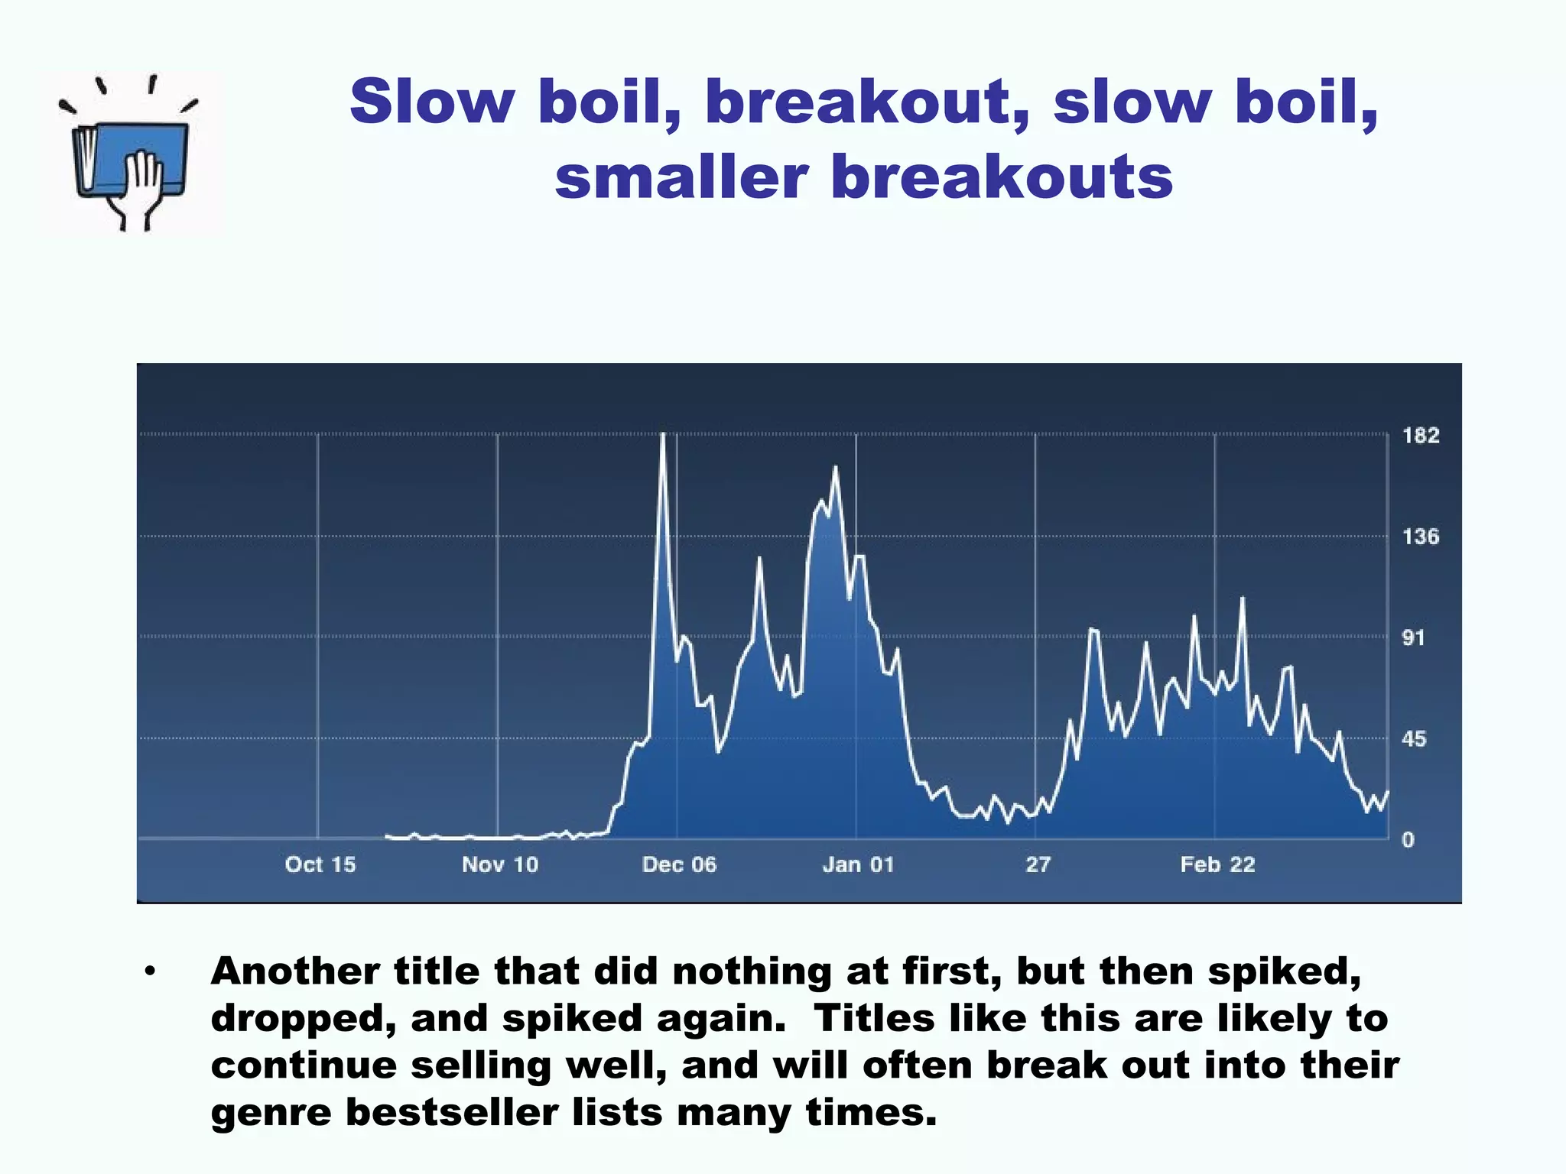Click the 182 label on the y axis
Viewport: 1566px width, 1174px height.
click(x=1420, y=436)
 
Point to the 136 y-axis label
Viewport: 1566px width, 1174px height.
click(x=1420, y=537)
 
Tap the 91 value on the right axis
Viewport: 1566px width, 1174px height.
click(x=1413, y=637)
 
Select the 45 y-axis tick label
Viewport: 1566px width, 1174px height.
click(x=1413, y=739)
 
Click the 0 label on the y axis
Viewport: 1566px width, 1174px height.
click(x=1408, y=840)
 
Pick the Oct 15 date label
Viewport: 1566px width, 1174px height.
click(x=320, y=864)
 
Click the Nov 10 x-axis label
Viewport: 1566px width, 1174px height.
click(x=500, y=864)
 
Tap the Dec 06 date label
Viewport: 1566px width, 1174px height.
click(x=679, y=864)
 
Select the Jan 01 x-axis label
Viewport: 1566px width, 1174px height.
click(x=858, y=864)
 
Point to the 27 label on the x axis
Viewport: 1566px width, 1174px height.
click(x=1038, y=864)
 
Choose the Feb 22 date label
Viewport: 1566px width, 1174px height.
click(x=1217, y=864)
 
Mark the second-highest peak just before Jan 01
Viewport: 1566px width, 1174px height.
click(x=835, y=467)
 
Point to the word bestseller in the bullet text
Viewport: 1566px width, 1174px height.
click(x=450, y=1112)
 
